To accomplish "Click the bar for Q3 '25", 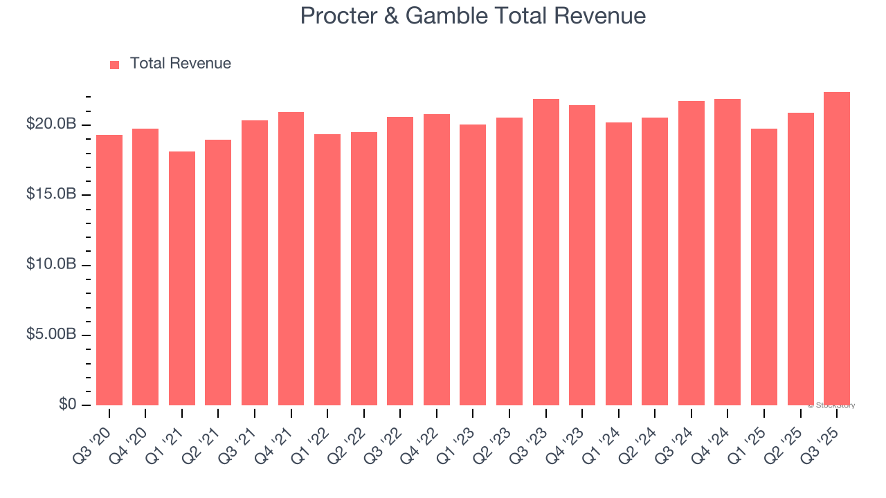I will coord(837,249).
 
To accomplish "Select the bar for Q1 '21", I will coord(182,278).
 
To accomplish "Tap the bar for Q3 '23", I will coord(546,252).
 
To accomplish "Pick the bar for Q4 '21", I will coord(291,259).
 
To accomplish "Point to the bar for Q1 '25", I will coord(764,267).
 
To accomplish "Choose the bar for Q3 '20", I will coord(109,270).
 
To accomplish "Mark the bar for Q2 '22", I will coord(364,268).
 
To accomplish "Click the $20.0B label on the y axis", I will coord(51,124).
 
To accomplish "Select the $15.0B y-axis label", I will coord(51,194).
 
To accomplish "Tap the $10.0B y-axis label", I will coord(51,265).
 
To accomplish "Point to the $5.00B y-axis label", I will coord(51,335).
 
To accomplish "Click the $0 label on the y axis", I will coord(66,405).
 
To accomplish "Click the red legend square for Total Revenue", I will coord(115,64).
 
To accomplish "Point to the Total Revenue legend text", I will coord(181,64).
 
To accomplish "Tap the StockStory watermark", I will coord(831,405).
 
